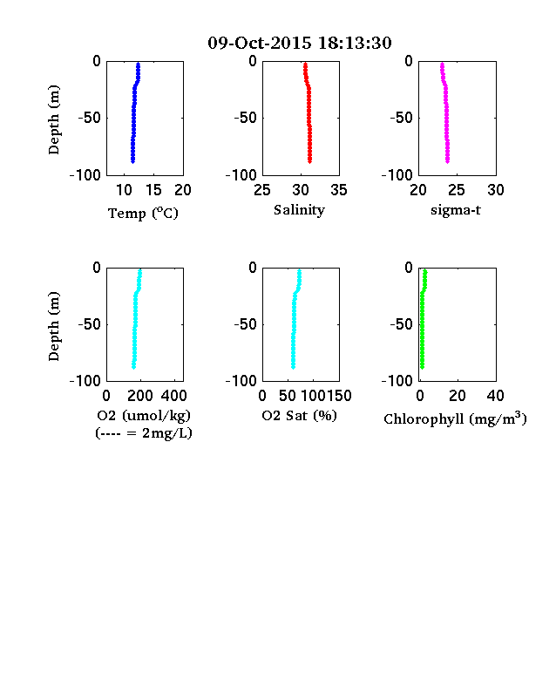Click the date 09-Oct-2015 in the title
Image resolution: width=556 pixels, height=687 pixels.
point(260,43)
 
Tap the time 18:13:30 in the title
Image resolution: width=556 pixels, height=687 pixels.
point(355,43)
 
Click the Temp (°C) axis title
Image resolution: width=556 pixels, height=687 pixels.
point(143,214)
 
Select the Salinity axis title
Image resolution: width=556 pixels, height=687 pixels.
point(300,210)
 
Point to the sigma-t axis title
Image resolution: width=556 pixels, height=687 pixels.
point(456,210)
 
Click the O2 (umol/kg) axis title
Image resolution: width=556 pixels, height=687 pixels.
point(144,415)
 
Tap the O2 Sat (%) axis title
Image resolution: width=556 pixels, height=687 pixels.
point(300,415)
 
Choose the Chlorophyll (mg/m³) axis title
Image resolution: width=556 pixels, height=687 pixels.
point(455,418)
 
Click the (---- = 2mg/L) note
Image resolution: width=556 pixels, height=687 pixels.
point(144,433)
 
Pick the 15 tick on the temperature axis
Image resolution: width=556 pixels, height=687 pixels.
point(153,190)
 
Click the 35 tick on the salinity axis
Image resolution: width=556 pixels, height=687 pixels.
point(339,190)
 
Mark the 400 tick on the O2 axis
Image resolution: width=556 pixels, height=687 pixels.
point(173,396)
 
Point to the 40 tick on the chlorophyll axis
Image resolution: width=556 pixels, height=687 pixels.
point(496,396)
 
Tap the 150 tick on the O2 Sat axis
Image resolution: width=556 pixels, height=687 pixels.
point(339,396)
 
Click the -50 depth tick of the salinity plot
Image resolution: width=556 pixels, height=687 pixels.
point(245,118)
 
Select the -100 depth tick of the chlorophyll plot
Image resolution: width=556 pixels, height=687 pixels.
point(397,381)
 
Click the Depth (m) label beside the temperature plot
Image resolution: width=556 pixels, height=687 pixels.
point(53,119)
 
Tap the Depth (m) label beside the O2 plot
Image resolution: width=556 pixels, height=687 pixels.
point(53,326)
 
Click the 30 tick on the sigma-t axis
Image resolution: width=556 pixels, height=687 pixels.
point(496,190)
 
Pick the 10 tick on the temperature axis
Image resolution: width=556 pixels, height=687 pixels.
point(124,190)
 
